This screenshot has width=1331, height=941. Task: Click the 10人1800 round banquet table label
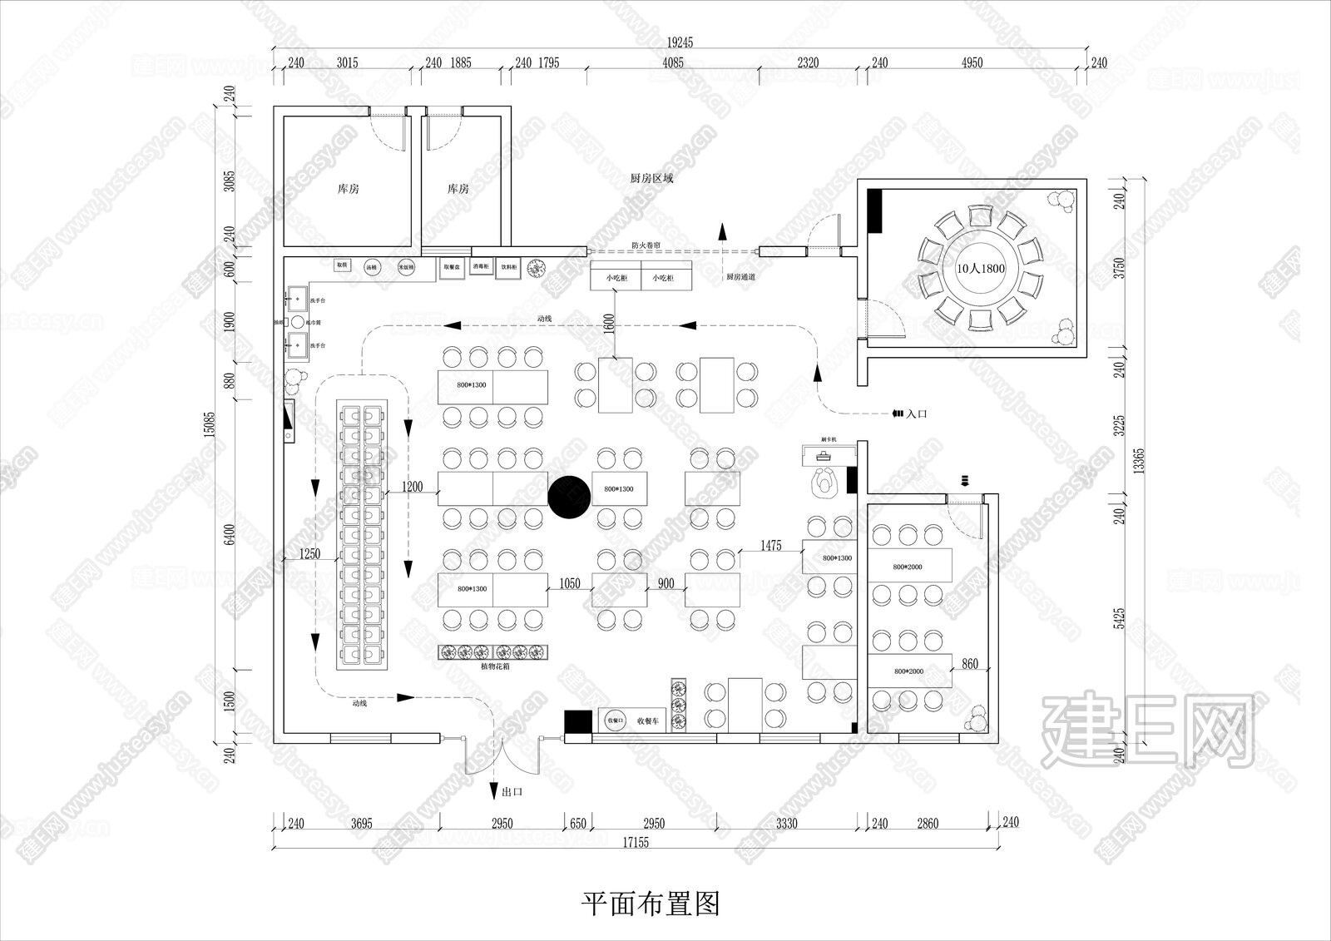(982, 270)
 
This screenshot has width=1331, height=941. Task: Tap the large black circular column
(570, 497)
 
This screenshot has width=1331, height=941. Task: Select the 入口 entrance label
(917, 413)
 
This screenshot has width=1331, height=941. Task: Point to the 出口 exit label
(512, 791)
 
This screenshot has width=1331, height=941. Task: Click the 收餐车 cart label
(647, 721)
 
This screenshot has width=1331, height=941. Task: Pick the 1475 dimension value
(771, 546)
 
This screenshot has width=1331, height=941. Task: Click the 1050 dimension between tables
(570, 583)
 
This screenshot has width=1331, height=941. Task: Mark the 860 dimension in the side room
(970, 665)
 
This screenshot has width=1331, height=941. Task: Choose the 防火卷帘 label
(645, 245)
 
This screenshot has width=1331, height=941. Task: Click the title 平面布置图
(650, 903)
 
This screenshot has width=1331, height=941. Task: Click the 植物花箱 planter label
(496, 666)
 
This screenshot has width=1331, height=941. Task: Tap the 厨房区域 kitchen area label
(651, 178)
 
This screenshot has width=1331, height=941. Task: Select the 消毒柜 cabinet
(481, 267)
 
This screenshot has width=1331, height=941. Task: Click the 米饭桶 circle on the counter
(406, 268)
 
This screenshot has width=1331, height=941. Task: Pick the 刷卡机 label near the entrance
(828, 439)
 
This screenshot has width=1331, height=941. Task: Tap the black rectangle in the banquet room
(874, 211)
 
